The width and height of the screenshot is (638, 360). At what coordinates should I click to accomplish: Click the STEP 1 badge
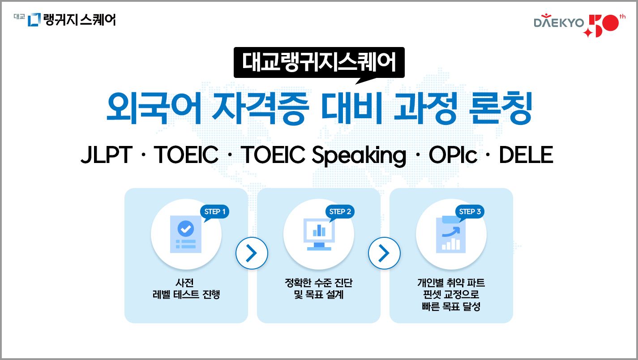[x=214, y=211]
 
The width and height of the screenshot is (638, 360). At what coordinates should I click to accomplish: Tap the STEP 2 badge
[x=340, y=211]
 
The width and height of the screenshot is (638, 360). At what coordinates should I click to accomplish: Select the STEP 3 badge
[x=470, y=211]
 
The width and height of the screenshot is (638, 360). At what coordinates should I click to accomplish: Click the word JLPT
[x=106, y=155]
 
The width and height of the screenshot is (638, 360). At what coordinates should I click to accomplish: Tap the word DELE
[x=526, y=155]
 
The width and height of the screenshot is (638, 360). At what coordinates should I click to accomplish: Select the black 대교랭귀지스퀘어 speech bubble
[x=319, y=63]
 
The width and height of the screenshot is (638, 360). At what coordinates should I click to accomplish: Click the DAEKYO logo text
[x=558, y=23]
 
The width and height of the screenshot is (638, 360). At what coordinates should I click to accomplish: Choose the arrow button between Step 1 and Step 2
[x=252, y=253]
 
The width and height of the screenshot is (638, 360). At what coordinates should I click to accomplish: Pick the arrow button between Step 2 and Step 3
[x=384, y=253]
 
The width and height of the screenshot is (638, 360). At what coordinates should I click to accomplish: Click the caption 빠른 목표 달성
[x=451, y=307]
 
